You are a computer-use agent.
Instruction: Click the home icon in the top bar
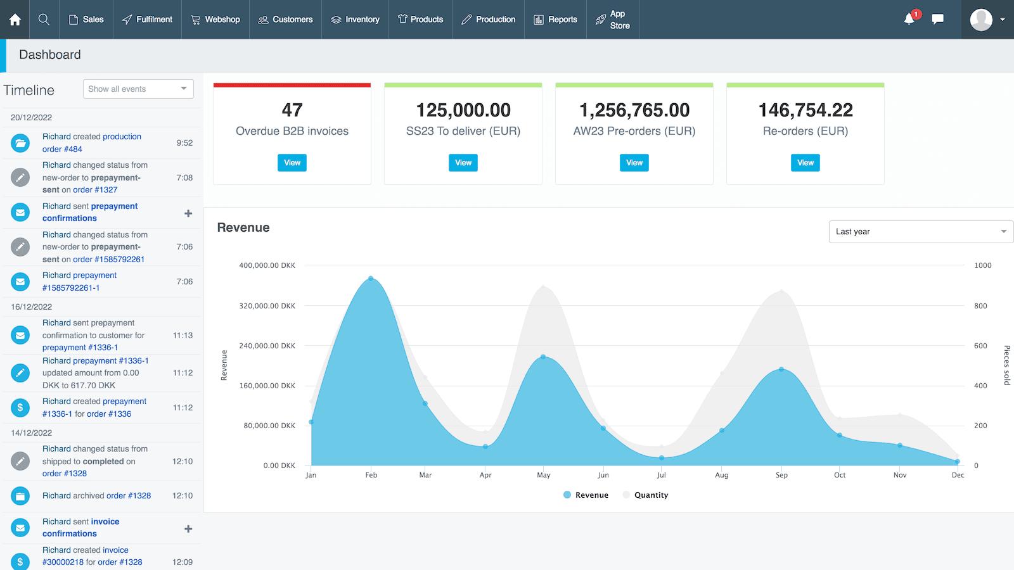coord(15,20)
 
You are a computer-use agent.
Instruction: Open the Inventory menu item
coord(355,20)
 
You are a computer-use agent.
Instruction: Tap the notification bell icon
coord(909,19)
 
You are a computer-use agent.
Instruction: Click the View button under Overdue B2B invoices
coord(292,163)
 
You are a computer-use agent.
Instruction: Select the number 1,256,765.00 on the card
coord(634,110)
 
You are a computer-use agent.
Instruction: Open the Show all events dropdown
coord(138,89)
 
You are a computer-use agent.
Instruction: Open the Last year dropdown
coord(921,232)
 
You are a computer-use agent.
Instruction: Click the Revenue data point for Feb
coord(371,279)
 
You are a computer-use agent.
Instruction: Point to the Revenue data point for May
coord(543,357)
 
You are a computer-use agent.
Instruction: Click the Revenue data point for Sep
coord(781,369)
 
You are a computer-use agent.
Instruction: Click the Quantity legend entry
coord(646,495)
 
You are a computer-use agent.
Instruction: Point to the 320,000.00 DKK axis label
coord(267,306)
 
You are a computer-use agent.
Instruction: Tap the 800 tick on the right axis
coord(980,306)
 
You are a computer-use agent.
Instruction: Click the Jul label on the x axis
coord(661,475)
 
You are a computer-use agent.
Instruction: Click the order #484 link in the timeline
coord(62,149)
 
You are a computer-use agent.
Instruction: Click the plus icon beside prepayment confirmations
coord(188,213)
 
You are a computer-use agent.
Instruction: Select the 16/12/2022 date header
coord(32,307)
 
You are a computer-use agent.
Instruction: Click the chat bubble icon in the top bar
coord(937,19)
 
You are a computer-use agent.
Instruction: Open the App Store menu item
coord(613,20)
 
